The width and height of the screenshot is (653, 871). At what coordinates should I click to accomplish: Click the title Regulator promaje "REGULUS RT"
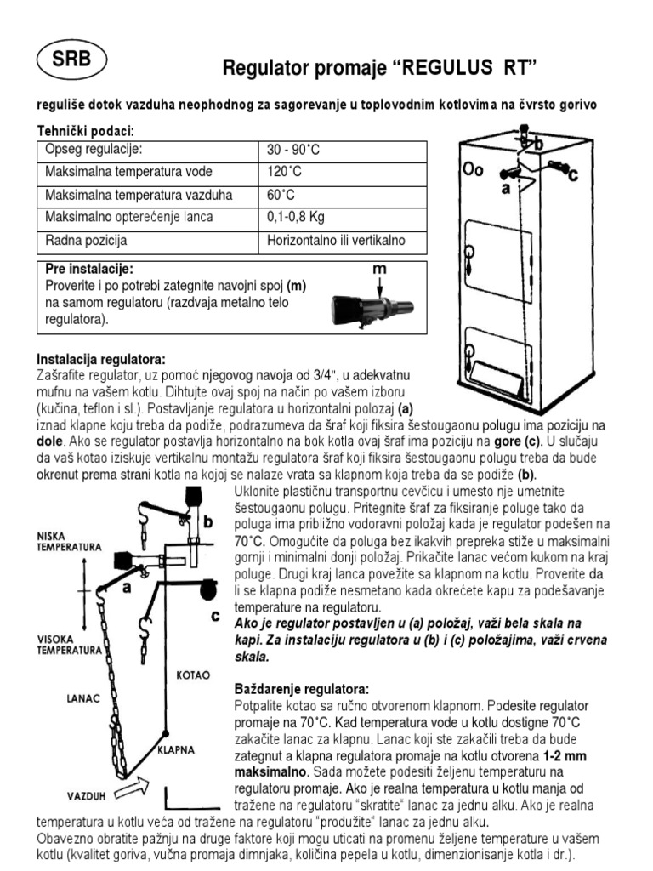[380, 67]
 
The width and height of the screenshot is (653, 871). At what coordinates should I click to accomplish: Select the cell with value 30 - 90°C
[292, 151]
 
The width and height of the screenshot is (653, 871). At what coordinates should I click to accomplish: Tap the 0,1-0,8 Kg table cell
[296, 218]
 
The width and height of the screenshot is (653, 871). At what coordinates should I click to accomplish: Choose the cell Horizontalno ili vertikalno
[336, 241]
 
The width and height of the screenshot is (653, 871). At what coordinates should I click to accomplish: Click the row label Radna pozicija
[86, 241]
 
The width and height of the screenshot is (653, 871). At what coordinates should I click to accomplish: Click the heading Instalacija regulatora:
[101, 358]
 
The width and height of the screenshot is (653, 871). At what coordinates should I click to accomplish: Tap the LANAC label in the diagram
[84, 697]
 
